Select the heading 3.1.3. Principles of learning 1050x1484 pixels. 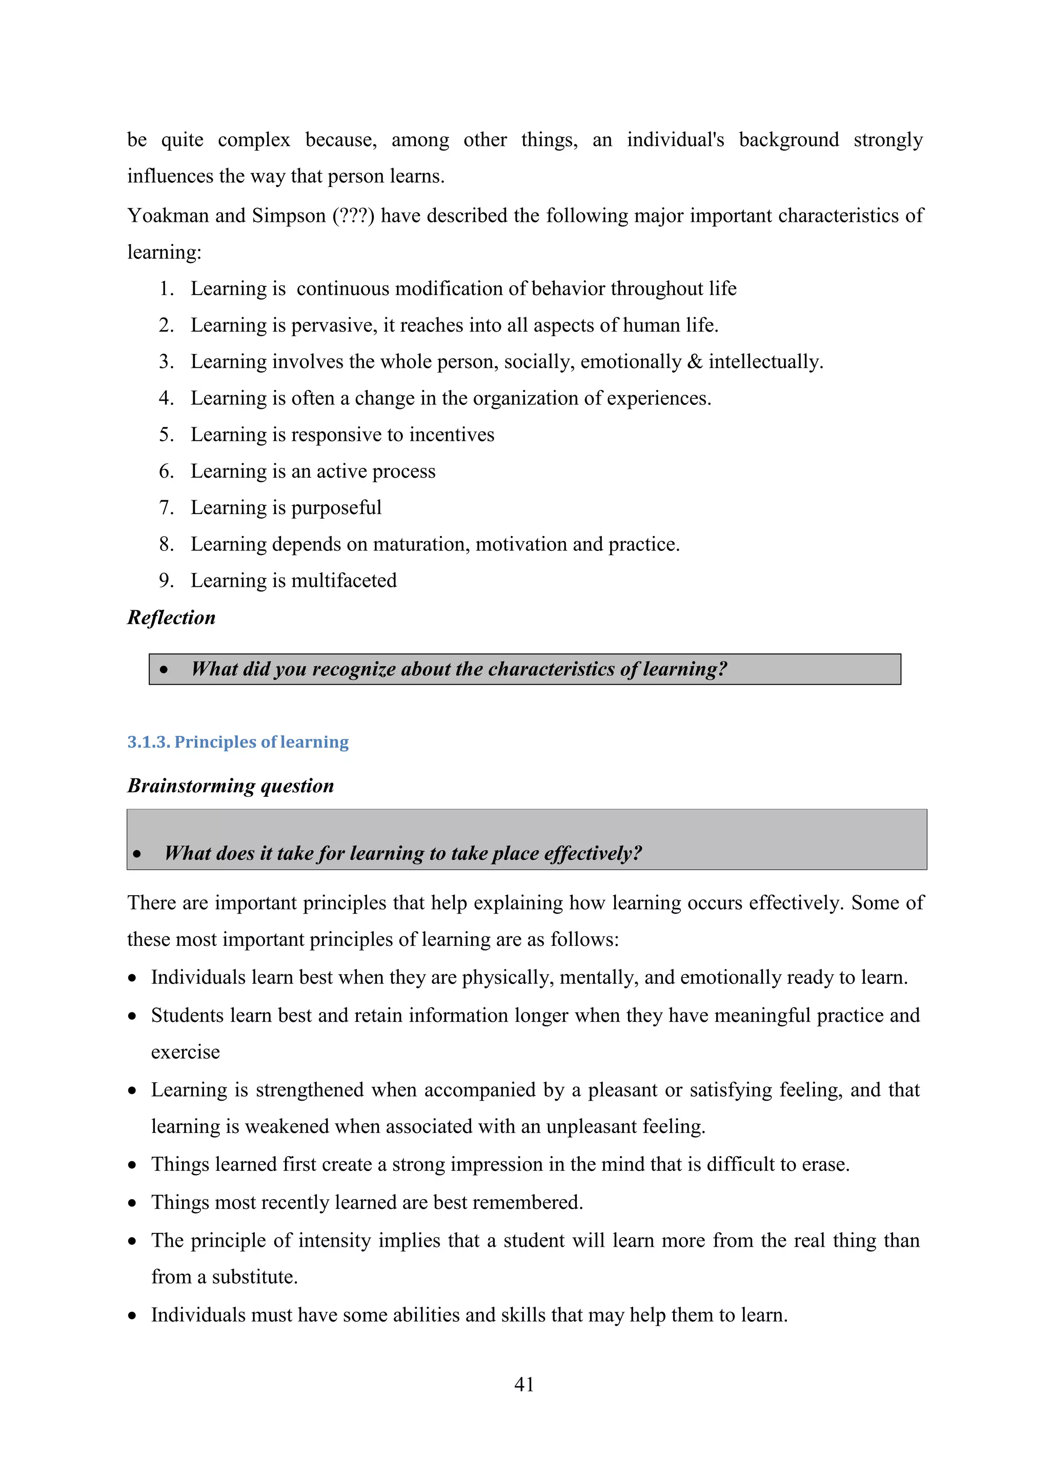tap(238, 741)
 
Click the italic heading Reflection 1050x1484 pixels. tap(171, 617)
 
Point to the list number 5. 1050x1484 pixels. tap(166, 435)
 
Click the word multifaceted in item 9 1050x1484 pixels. tap(344, 581)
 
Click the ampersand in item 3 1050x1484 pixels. tap(695, 361)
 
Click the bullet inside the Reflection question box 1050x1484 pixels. tap(164, 670)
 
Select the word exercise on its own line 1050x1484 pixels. tap(186, 1052)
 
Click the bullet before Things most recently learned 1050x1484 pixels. tap(133, 1203)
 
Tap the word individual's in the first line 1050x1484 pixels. tap(675, 139)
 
